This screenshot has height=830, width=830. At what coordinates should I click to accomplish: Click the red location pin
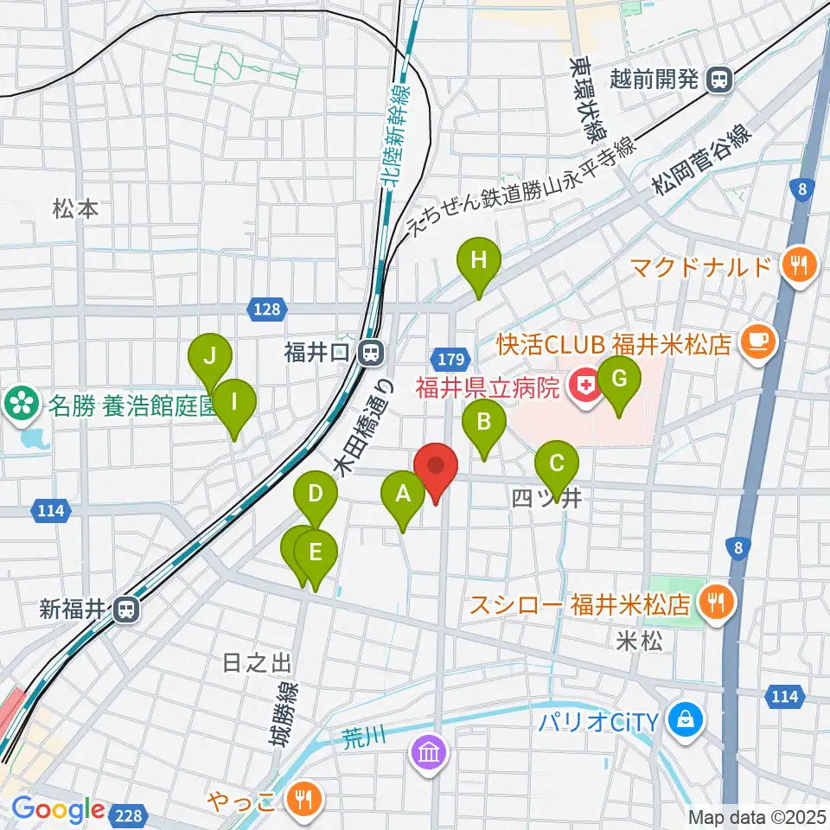click(x=436, y=469)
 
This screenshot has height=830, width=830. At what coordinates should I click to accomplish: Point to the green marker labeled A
click(x=403, y=497)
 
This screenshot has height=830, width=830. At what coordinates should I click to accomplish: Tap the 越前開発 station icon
click(x=718, y=80)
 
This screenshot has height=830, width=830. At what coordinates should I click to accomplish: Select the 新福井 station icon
click(x=126, y=610)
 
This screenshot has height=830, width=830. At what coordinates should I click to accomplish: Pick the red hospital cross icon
click(x=586, y=382)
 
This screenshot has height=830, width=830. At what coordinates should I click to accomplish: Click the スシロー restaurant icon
click(x=714, y=602)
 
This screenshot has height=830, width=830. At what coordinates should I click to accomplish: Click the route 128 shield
click(x=269, y=308)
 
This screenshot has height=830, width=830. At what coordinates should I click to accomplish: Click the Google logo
click(x=59, y=809)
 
